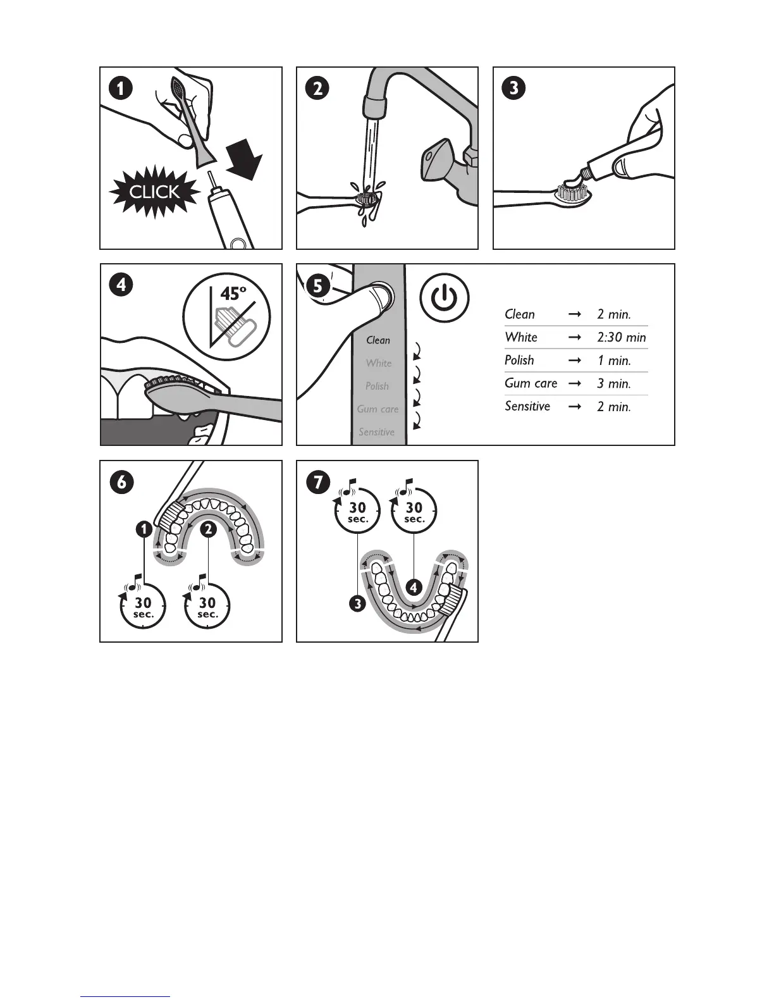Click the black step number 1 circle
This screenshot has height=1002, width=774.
click(120, 88)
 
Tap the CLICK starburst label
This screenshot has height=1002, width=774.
click(154, 192)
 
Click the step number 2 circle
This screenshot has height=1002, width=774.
click(317, 88)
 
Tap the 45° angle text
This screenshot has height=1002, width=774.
click(233, 294)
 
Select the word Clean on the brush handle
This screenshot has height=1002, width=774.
click(378, 340)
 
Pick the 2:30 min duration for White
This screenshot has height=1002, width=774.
click(621, 338)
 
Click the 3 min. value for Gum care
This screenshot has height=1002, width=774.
click(613, 384)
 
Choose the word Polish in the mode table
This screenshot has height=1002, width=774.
click(519, 361)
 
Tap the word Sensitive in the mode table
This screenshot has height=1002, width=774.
click(527, 406)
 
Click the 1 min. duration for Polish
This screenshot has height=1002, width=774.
click(613, 361)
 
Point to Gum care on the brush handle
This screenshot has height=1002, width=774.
click(378, 409)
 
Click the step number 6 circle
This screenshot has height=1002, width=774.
click(121, 482)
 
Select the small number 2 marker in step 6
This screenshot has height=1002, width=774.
click(208, 529)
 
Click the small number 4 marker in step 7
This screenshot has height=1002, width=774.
click(414, 587)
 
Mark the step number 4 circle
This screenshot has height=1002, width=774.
click(121, 285)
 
